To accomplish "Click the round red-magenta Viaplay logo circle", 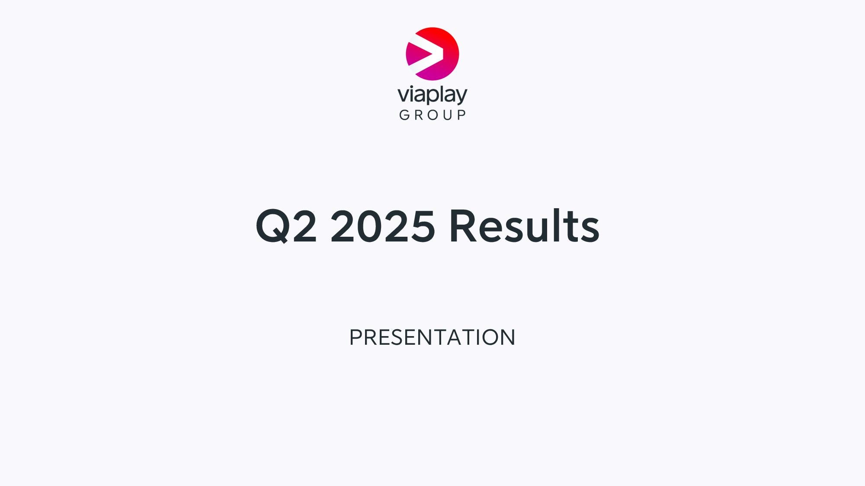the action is (x=432, y=54).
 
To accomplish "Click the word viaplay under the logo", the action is (x=432, y=95).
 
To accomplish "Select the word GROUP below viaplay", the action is (x=432, y=115).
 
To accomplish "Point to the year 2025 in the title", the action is (x=383, y=226).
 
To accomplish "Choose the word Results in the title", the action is (x=524, y=225).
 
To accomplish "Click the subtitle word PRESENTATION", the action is (x=432, y=337).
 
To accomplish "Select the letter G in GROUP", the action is (x=404, y=115).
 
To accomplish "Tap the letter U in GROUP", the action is (x=448, y=115).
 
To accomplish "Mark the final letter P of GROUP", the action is (x=462, y=115).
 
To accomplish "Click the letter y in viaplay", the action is (x=461, y=97).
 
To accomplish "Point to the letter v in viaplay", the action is (x=404, y=95).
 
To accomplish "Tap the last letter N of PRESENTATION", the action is (x=508, y=337).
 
